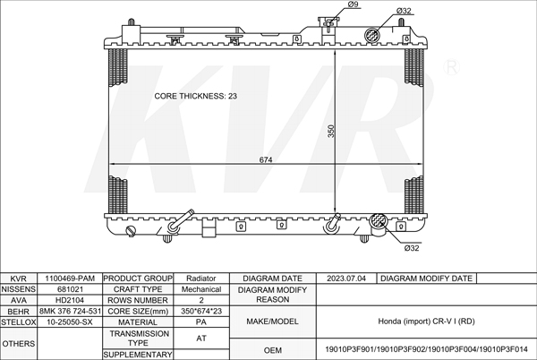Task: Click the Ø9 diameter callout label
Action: (353, 4)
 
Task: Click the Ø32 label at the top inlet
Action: (404, 11)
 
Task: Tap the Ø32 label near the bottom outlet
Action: (412, 248)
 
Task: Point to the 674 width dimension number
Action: (266, 159)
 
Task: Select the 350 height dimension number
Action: (331, 131)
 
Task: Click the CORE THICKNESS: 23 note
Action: (195, 96)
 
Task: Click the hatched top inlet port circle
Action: (372, 35)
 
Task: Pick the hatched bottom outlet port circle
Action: (378, 220)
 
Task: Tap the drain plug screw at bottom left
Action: (132, 231)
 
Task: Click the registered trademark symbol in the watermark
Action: (451, 67)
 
